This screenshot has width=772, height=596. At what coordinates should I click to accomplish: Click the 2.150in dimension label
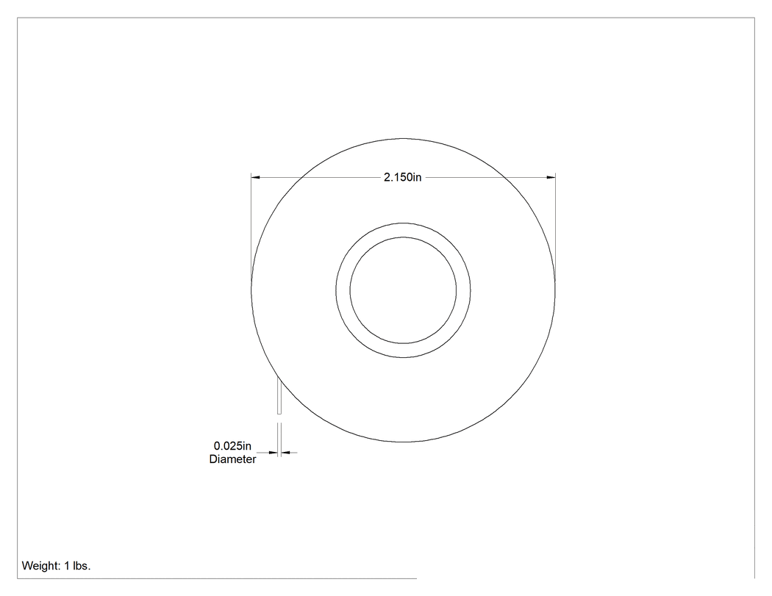402,177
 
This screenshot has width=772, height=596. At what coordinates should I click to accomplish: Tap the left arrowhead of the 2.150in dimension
256,177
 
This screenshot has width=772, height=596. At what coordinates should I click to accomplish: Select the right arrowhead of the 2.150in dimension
551,177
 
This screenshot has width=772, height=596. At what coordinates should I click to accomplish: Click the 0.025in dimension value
232,446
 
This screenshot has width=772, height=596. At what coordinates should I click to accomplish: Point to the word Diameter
232,459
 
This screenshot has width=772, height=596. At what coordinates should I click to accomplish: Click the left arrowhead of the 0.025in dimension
274,452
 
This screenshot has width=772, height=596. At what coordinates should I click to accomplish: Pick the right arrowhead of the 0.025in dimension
285,452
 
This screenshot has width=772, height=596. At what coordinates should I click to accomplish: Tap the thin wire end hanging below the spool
279,395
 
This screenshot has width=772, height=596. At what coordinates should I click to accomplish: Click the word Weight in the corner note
41,566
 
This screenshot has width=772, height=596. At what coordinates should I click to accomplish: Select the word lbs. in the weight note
82,566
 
